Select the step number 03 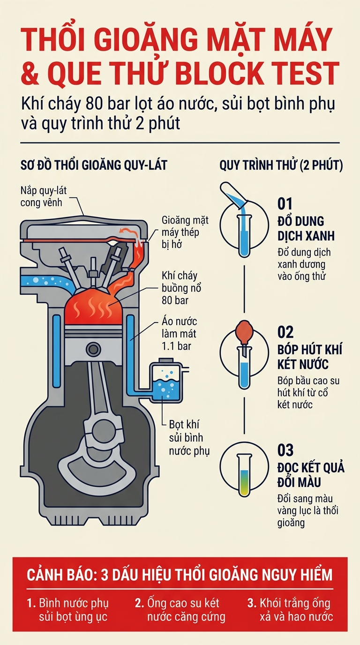(x=285, y=450)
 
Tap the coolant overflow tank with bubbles (x=165, y=380)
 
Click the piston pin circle (x=93, y=349)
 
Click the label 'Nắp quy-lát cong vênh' (x=44, y=196)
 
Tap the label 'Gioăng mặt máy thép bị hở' (x=185, y=232)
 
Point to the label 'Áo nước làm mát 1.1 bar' (x=179, y=334)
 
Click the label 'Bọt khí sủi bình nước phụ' (x=189, y=437)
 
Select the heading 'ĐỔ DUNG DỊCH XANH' (x=306, y=229)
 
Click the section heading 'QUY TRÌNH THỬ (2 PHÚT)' (x=281, y=165)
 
